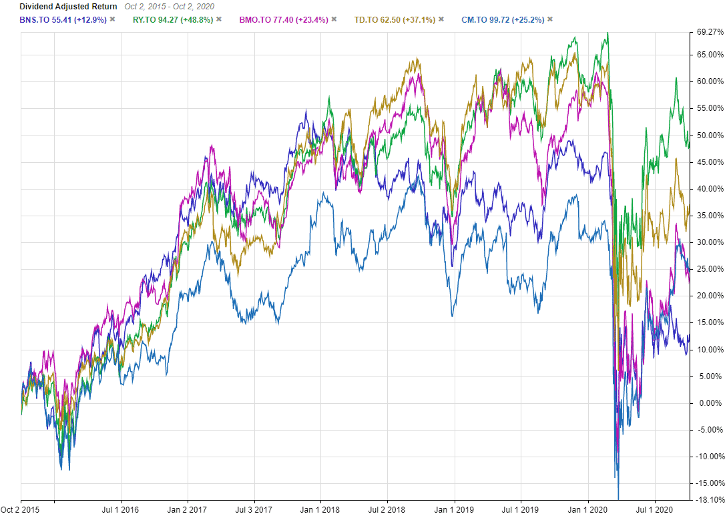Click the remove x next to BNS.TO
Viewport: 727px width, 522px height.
(112, 19)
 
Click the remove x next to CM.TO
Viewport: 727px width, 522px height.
(550, 19)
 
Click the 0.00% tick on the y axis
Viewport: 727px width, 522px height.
(709, 403)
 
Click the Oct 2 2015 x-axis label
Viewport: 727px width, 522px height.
(20, 511)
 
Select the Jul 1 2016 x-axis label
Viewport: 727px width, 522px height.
(120, 511)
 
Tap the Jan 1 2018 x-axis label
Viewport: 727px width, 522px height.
(320, 511)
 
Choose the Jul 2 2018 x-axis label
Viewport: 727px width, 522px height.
(387, 511)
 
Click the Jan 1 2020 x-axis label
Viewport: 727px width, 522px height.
(588, 511)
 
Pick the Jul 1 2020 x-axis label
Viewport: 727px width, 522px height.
(655, 511)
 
